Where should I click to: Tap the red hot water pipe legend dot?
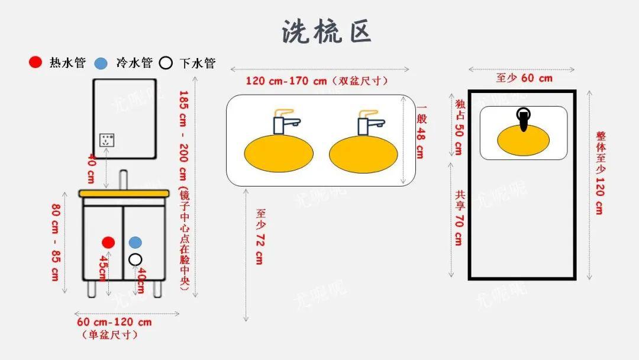[x=36, y=62]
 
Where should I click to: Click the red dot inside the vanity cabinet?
[x=108, y=242]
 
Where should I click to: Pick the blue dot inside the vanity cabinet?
[x=135, y=242]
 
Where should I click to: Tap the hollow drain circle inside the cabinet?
[x=135, y=259]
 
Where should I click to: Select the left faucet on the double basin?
[x=284, y=121]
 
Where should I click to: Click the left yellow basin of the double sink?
[x=279, y=154]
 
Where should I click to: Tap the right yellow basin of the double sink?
[x=363, y=154]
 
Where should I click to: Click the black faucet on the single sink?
[x=524, y=119]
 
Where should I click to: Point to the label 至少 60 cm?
[x=524, y=78]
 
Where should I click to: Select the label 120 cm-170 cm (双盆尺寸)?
[x=317, y=81]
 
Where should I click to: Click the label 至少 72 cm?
[x=259, y=236]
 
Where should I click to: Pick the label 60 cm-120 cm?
[x=114, y=322]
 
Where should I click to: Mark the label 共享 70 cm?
[x=460, y=218]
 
